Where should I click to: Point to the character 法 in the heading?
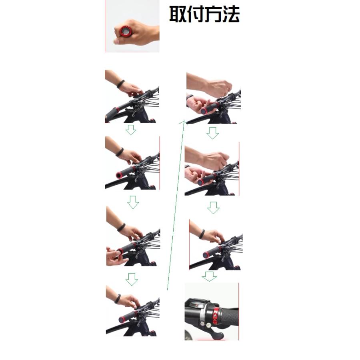click(231, 14)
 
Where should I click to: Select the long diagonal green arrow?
click(176, 205)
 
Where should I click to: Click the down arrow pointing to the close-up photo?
click(209, 276)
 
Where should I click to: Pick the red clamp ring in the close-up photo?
click(216, 316)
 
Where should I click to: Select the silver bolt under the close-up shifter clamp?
click(209, 325)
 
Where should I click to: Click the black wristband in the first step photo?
click(120, 84)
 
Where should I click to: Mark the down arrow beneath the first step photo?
click(131, 130)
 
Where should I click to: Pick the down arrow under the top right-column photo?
click(212, 133)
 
